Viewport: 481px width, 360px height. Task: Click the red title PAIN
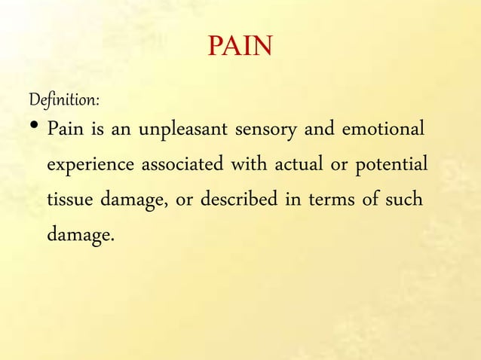pyautogui.click(x=240, y=48)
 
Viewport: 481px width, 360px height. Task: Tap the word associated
pyautogui.click(x=179, y=164)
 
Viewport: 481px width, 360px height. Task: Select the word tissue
pyautogui.click(x=67, y=200)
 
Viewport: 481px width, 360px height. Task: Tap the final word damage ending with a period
pyautogui.click(x=81, y=235)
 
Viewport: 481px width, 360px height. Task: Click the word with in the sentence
pyautogui.click(x=238, y=164)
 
